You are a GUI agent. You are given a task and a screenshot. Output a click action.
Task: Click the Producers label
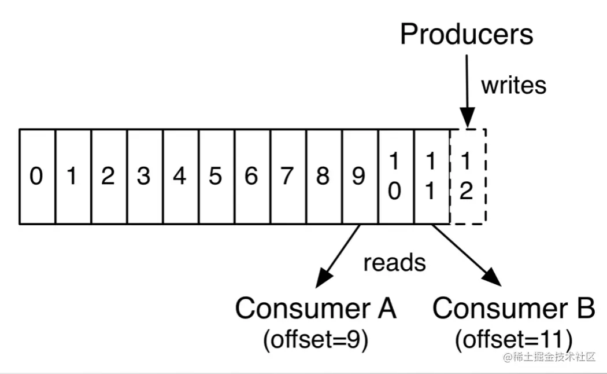[x=467, y=34]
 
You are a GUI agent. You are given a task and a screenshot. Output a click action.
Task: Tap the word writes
[x=514, y=85]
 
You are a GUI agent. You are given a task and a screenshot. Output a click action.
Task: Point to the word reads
[x=394, y=262]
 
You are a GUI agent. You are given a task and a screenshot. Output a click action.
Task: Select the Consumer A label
[x=316, y=308]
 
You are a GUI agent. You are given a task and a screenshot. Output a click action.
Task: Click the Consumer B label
[x=513, y=308]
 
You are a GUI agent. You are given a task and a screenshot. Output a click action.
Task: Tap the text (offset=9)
[x=316, y=340]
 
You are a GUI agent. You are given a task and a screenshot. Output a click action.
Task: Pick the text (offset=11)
[x=513, y=340]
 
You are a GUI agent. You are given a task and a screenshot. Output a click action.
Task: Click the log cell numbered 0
[x=37, y=177]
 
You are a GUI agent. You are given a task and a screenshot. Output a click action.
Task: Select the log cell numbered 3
[x=145, y=177]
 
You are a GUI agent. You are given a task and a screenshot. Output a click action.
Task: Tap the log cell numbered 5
[x=216, y=177]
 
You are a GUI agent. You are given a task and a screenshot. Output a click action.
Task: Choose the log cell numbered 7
[x=288, y=177]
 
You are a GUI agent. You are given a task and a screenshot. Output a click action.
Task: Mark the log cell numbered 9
[x=360, y=177]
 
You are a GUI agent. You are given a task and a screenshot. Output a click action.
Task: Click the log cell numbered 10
[x=396, y=177]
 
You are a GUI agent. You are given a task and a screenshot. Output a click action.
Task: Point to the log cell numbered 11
[x=432, y=177]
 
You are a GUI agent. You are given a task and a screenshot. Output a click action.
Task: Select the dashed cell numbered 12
[x=468, y=177]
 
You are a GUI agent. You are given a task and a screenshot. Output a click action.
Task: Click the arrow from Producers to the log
[x=467, y=91]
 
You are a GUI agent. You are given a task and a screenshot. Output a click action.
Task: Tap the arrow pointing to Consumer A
[x=338, y=256]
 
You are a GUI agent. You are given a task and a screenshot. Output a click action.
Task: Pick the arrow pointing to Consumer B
[x=467, y=255]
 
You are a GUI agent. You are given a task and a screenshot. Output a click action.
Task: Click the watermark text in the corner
[x=549, y=357]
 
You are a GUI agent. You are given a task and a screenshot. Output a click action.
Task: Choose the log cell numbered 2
[x=109, y=177]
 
